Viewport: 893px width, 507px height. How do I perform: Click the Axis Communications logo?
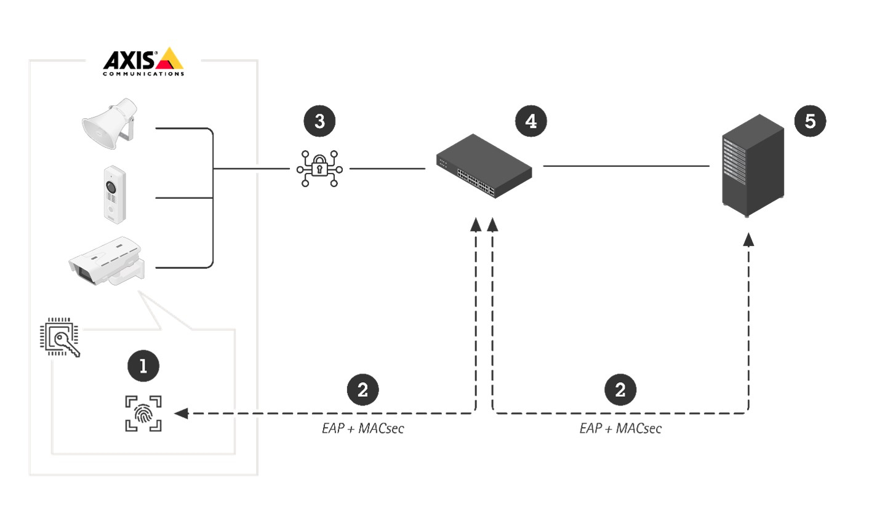tap(143, 62)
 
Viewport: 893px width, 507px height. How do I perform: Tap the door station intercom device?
tap(114, 193)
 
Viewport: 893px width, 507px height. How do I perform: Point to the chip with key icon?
tap(59, 338)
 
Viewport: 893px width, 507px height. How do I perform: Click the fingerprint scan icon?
tap(143, 413)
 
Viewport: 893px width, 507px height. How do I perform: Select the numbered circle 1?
tap(143, 366)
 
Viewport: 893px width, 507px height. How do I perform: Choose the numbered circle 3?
tap(319, 121)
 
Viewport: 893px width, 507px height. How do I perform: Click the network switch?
tap(484, 166)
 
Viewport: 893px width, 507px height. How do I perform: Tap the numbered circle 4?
tap(531, 121)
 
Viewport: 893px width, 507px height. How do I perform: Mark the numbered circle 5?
tap(810, 121)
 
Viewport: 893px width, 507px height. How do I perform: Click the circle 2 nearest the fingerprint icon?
tap(362, 389)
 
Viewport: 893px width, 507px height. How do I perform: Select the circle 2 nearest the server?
tap(620, 389)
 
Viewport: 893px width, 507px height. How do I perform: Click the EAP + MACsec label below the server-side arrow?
tap(620, 429)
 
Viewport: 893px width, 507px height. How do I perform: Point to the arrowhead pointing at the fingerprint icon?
tap(181, 413)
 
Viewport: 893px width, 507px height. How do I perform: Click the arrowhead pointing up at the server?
tap(748, 239)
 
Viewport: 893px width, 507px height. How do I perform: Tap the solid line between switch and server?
tap(626, 166)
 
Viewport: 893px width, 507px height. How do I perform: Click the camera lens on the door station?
tap(111, 186)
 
